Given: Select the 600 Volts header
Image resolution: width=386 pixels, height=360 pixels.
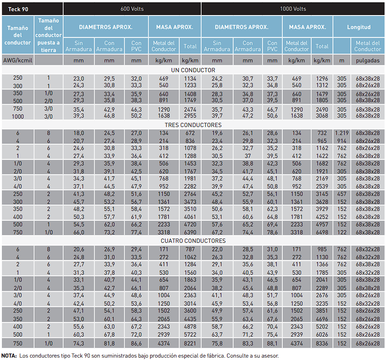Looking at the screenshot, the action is (x=132, y=9).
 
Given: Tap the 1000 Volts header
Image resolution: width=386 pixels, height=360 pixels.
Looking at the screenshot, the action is (x=293, y=9).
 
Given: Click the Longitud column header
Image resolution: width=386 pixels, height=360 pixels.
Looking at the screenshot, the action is (x=359, y=27).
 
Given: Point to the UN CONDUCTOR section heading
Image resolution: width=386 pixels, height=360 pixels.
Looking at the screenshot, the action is (x=193, y=70).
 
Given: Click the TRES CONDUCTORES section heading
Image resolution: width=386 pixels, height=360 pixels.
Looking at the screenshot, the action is (x=193, y=125).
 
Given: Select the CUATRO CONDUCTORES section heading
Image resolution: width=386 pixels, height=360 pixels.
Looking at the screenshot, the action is (x=193, y=240).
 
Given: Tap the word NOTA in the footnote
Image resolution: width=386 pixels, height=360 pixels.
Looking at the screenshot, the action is (x=9, y=356).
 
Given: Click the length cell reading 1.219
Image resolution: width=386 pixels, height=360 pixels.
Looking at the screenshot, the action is (x=342, y=133).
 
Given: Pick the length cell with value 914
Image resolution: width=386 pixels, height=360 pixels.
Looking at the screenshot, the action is (x=342, y=141).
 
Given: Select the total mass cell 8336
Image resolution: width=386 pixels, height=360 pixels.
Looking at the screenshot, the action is (x=322, y=343).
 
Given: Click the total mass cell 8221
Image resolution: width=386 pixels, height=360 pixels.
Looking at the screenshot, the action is (x=190, y=343).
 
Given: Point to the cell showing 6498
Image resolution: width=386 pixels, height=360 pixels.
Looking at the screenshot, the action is (x=322, y=232).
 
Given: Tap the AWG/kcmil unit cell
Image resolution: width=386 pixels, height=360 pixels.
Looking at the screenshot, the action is (x=18, y=60).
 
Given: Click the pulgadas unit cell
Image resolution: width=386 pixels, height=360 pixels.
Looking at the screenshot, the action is (x=368, y=60).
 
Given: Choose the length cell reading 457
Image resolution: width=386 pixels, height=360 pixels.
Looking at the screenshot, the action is (x=342, y=194).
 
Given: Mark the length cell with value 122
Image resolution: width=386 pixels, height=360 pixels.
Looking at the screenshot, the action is (x=342, y=232).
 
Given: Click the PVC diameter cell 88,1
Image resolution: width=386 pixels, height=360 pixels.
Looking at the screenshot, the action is (x=272, y=343).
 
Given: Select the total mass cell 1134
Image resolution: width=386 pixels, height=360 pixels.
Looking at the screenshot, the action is (x=190, y=78).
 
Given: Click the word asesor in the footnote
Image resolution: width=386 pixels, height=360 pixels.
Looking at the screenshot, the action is (x=270, y=356).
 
